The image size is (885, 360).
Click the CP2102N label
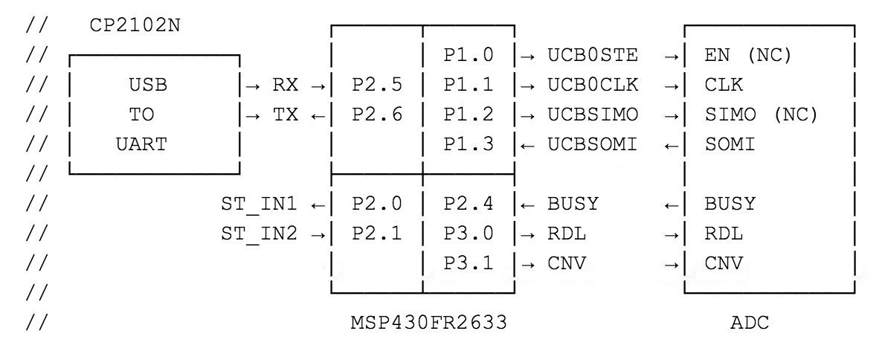pos(134,25)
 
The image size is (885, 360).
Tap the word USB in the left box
pos(148,85)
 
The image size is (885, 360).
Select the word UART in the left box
pos(141,144)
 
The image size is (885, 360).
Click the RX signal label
pos(285,85)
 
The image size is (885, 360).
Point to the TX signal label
pos(285,115)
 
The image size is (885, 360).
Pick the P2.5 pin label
pos(377,85)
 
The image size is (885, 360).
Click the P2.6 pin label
pos(377,115)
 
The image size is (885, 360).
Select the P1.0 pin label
pos(469,55)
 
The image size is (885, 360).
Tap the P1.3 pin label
pos(469,144)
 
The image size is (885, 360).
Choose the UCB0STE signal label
pos(593,55)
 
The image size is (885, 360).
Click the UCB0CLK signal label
pos(593,85)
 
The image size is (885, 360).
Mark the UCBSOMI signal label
pos(593,144)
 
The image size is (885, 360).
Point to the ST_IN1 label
pos(259,204)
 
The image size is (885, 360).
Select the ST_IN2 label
pos(259,234)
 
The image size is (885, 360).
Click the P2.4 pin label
pos(469,204)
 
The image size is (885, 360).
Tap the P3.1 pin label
pos(469,263)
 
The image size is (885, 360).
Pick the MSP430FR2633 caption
pos(428,323)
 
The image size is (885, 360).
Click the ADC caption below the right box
pos(750,323)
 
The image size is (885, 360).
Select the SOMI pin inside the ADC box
pos(730,144)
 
